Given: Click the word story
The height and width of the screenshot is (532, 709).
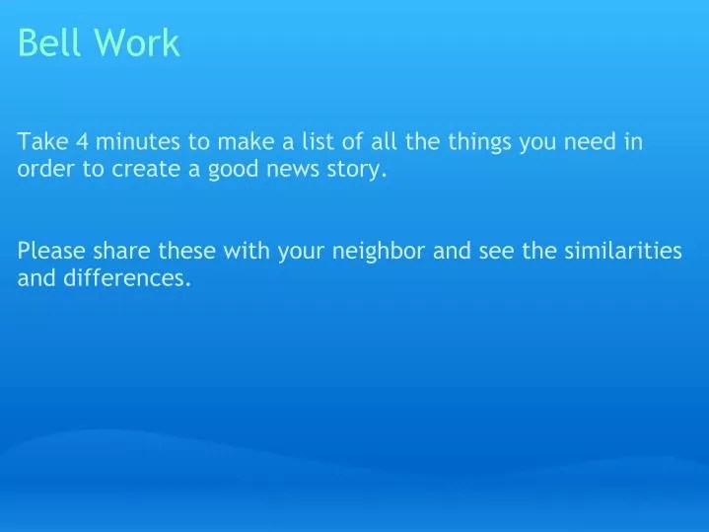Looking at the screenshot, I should point(357,170).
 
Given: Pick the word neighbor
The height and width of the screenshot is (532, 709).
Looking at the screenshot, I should point(378,251).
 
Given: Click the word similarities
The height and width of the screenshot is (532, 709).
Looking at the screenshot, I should point(622,251).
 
